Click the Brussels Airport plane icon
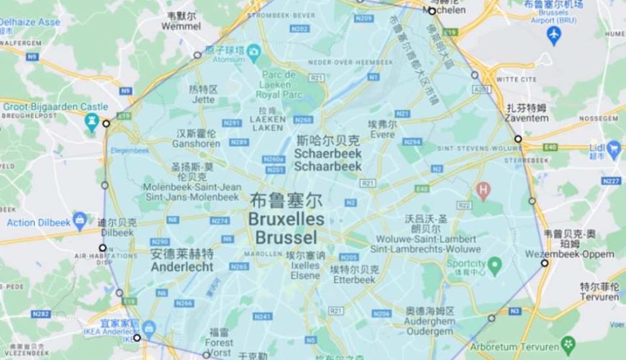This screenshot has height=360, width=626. coord(553,34)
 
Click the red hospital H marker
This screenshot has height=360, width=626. coord(484,191)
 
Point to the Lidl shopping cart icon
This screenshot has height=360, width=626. coord(614,150)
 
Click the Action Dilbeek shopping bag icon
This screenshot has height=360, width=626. coord(79,219)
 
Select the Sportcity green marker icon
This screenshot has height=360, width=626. coord(494,267)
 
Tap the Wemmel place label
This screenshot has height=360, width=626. coord(181,26)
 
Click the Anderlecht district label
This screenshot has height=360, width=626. coord(182,266)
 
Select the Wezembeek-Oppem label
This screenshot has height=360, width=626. coord(579,254)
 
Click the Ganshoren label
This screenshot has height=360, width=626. coord(196,143)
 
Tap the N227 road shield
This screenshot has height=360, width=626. coord(611,180)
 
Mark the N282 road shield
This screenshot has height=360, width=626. coord(41,313)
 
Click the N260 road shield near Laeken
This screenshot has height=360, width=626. coord(303,120)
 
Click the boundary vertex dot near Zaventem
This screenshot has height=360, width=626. coord(517,139)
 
